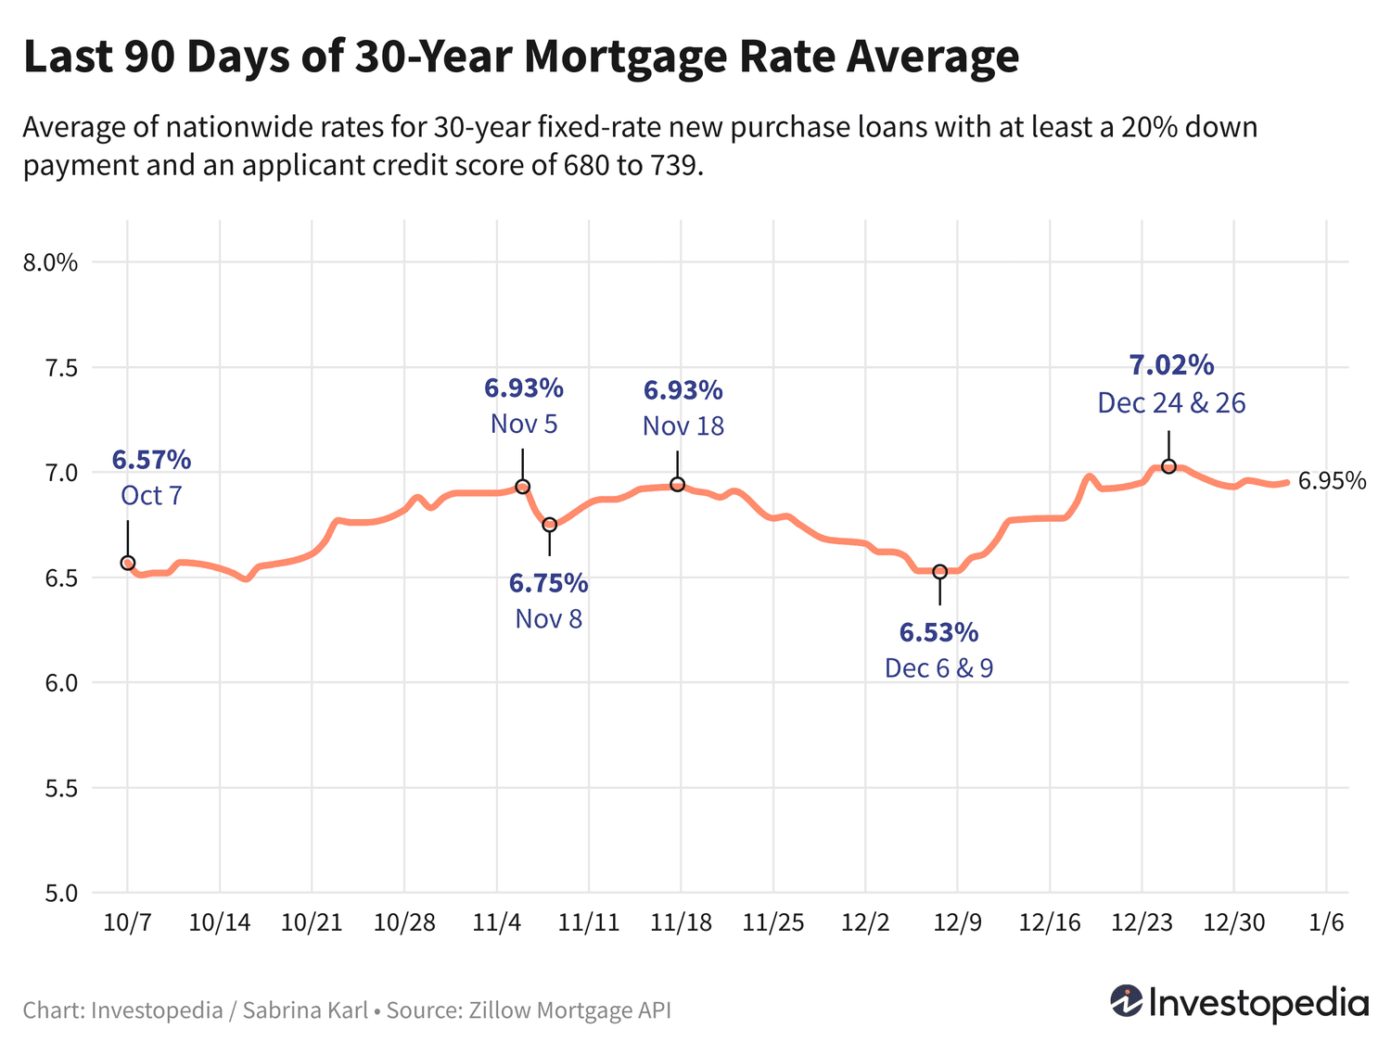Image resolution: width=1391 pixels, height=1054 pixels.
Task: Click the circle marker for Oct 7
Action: click(x=128, y=563)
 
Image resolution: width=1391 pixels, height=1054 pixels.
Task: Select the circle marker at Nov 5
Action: click(x=522, y=487)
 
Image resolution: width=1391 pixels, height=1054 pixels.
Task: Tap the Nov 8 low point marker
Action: click(x=549, y=525)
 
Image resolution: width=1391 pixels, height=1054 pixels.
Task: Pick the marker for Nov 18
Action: click(x=678, y=485)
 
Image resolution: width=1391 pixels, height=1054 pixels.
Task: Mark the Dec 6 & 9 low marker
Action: click(x=939, y=572)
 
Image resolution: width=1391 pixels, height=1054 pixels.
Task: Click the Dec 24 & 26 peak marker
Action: click(x=1168, y=466)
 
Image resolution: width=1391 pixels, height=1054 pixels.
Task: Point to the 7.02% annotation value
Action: click(x=1171, y=365)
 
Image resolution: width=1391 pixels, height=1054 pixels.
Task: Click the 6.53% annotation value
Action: click(x=938, y=632)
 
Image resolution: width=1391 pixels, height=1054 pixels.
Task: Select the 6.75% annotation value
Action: click(x=548, y=583)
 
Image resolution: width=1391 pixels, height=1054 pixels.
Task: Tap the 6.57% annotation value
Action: click(x=151, y=459)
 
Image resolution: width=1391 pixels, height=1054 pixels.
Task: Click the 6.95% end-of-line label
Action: click(x=1332, y=481)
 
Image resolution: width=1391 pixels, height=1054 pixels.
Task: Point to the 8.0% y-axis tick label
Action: click(x=50, y=263)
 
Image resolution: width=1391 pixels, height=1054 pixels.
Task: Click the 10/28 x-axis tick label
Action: click(x=404, y=922)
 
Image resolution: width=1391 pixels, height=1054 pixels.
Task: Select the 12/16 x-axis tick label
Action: click(x=1050, y=922)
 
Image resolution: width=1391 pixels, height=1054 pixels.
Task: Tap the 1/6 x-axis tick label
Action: click(x=1326, y=922)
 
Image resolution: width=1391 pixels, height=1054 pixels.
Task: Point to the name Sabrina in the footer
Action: click(x=279, y=1010)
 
